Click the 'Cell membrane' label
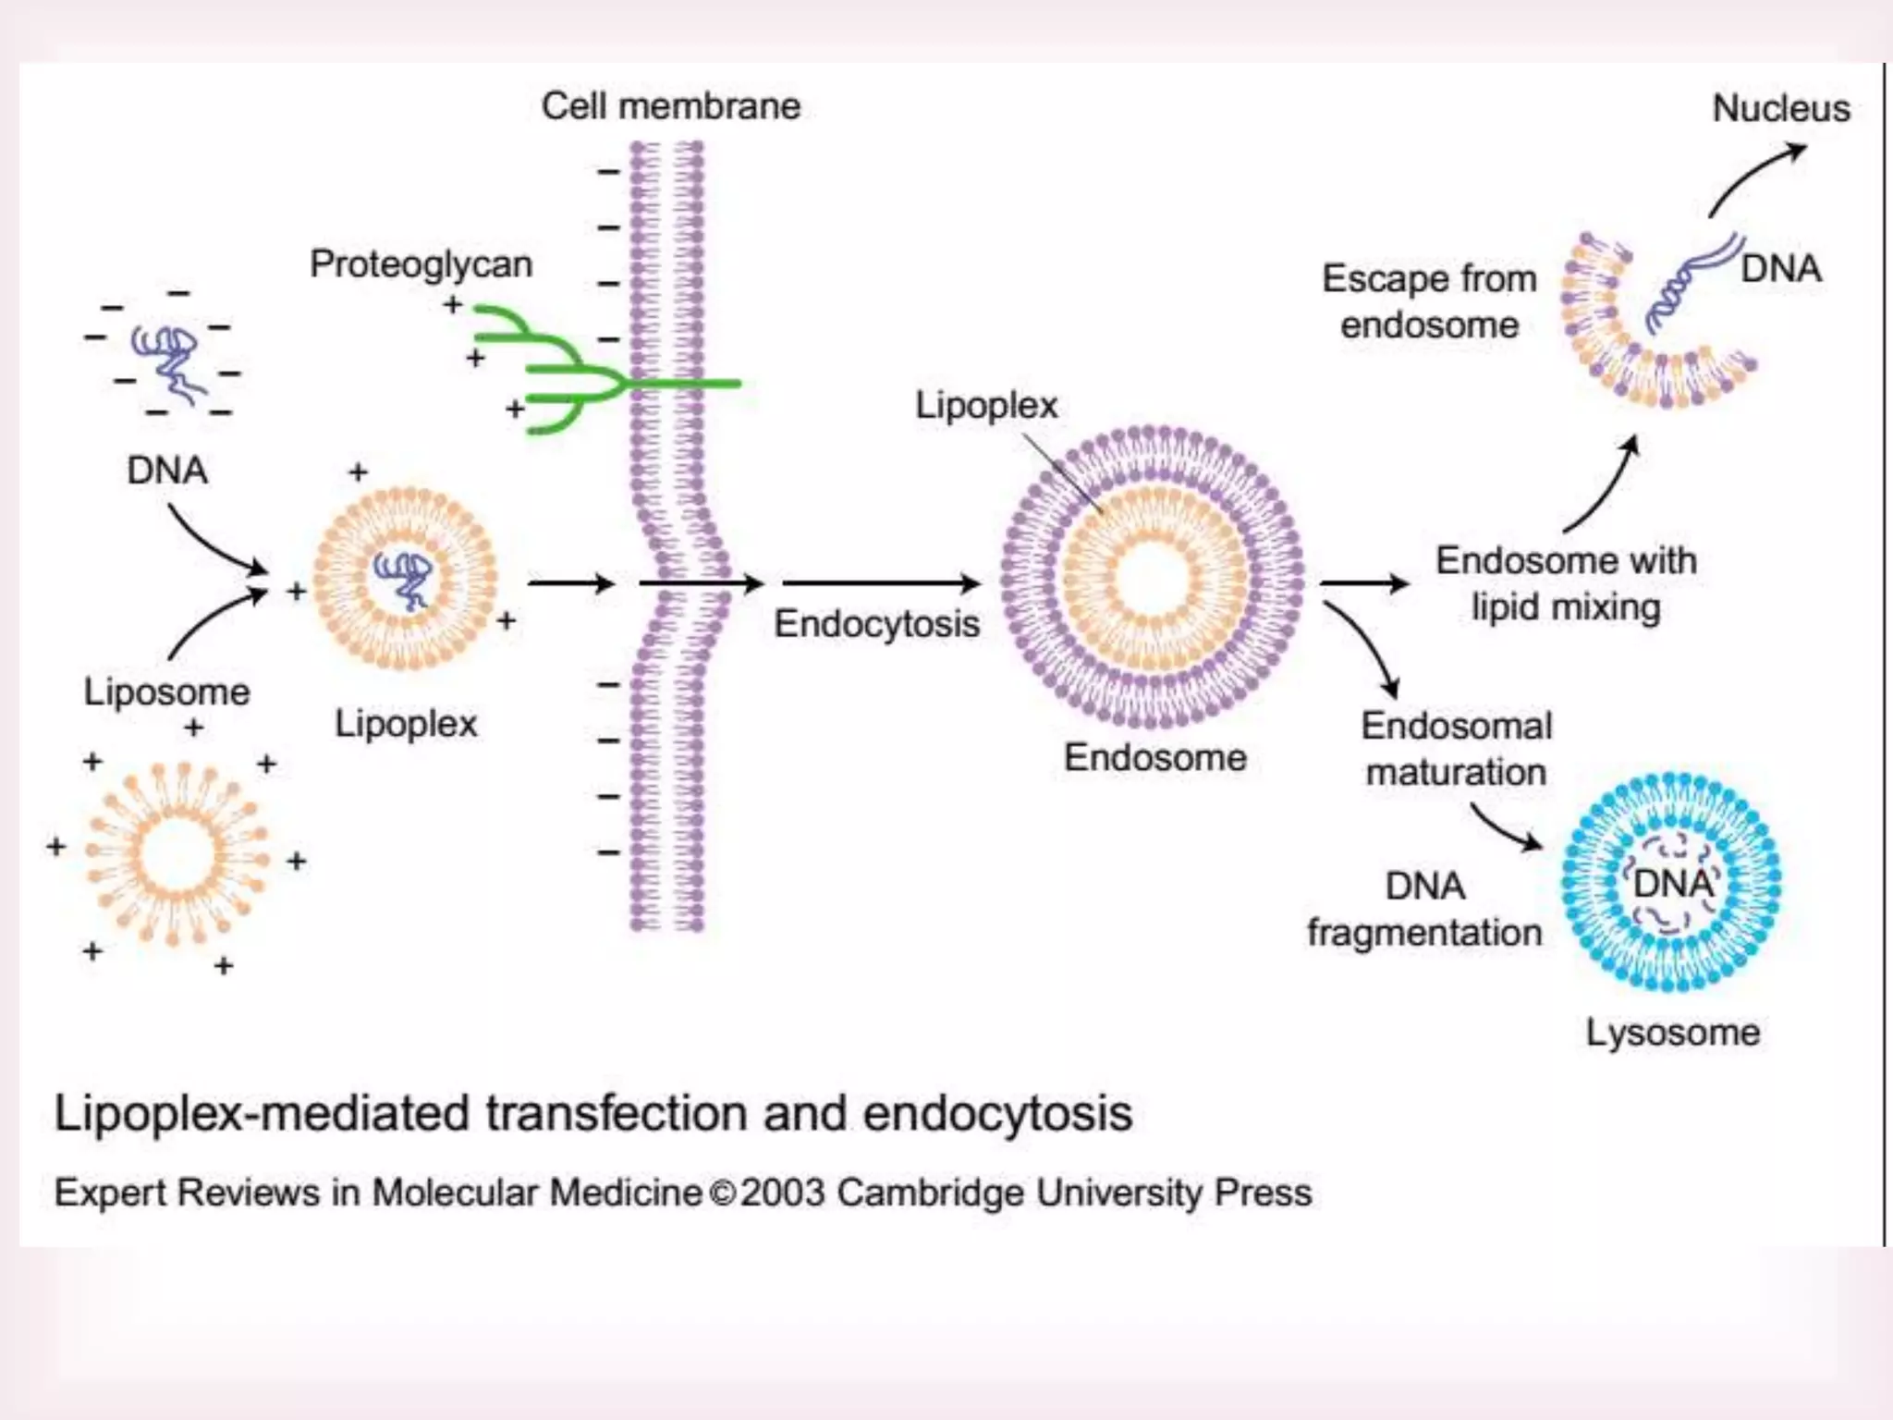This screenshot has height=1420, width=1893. [670, 106]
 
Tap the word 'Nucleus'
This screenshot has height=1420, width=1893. [1780, 109]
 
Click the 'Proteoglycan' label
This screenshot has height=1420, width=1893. [421, 264]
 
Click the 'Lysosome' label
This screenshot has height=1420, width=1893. [1672, 1033]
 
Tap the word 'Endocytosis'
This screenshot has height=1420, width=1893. [876, 624]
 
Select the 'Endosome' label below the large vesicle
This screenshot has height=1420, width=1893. [1154, 758]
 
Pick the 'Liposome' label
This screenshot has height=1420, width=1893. [166, 692]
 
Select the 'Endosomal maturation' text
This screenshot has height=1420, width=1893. [1456, 749]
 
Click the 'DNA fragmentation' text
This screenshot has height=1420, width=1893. [1424, 910]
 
